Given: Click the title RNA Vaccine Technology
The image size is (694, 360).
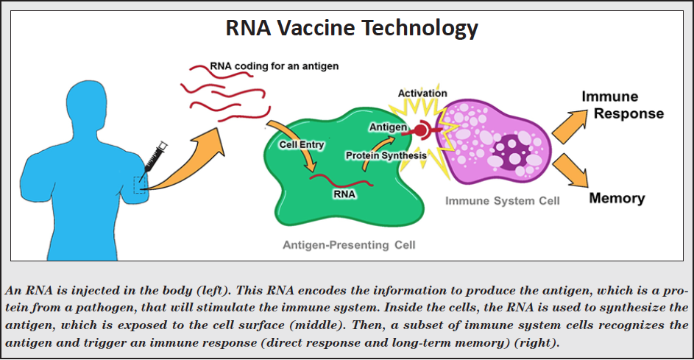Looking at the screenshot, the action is [352, 28].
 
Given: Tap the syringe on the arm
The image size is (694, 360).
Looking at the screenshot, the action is [155, 158].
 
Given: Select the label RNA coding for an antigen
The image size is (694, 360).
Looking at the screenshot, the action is [274, 66].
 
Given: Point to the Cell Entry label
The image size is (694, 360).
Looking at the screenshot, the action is [302, 144].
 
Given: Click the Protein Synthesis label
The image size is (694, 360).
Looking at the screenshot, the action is [386, 155].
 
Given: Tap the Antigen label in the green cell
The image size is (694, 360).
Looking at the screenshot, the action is [388, 127].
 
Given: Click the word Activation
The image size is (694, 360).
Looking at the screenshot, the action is [422, 93].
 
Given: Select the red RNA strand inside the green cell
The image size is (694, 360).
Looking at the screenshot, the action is [341, 180].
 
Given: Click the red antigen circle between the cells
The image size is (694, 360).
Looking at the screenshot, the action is [420, 130].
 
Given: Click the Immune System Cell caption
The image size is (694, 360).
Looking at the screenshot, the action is [503, 201].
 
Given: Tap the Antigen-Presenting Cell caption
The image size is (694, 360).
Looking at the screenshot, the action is [349, 245].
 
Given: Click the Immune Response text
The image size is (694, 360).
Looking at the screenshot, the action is [623, 105].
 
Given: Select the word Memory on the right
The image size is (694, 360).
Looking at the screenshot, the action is [617, 198].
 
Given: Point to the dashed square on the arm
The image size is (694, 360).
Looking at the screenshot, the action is [141, 184].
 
